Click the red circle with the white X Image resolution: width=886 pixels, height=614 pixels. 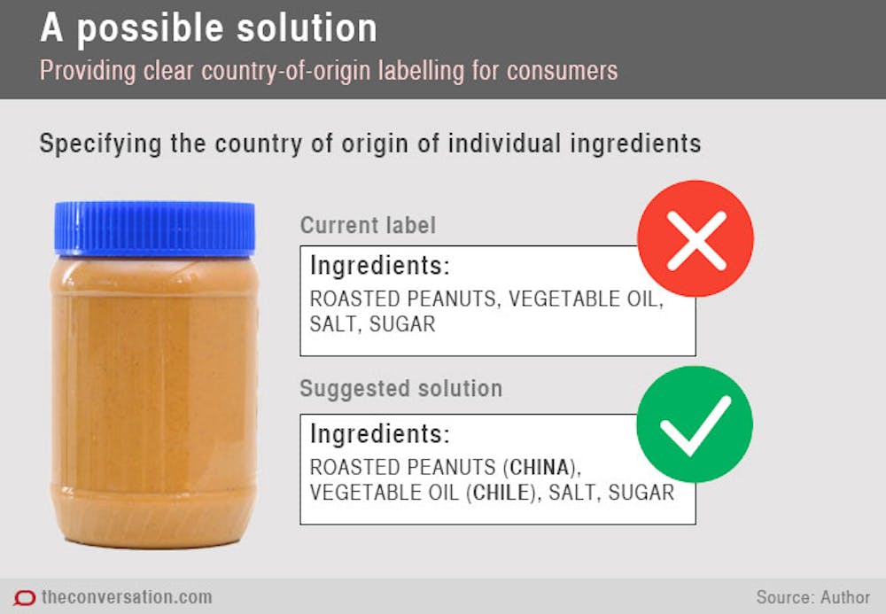click(695, 238)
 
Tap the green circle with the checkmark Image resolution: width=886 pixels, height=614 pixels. click(695, 424)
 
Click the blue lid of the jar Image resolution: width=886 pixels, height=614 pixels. click(154, 229)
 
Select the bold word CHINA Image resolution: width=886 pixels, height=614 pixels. click(539, 467)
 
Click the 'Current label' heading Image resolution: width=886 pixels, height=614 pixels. click(368, 225)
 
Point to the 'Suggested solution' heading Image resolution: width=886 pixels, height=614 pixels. click(400, 389)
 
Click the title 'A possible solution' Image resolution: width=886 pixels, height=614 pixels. click(208, 28)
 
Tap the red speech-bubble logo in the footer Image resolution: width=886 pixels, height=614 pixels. click(24, 598)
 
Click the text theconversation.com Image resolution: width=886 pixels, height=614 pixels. click(127, 597)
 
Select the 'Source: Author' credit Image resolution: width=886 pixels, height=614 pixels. click(813, 597)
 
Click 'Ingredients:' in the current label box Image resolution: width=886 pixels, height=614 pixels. click(380, 266)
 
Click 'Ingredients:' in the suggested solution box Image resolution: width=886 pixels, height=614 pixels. click(380, 434)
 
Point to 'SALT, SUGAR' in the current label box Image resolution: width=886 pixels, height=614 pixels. click(372, 324)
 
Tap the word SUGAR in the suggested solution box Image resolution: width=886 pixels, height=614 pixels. click(641, 493)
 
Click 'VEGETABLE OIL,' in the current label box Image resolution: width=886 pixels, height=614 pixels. click(586, 299)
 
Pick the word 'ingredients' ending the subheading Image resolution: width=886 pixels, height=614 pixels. click(635, 144)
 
